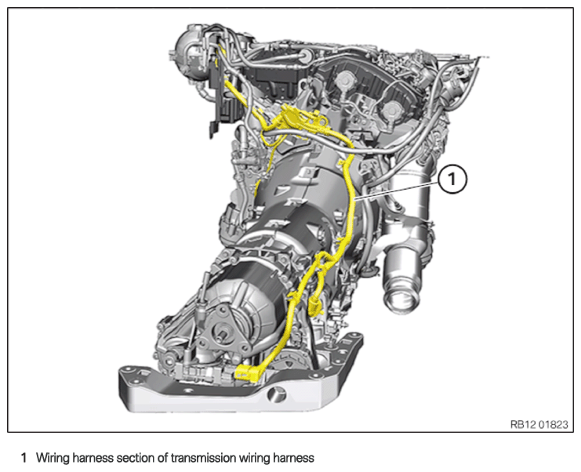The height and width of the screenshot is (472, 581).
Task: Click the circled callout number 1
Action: coord(452,180)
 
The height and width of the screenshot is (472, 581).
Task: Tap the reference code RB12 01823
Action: coord(539,424)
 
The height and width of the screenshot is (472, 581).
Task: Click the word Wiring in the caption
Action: coord(53,458)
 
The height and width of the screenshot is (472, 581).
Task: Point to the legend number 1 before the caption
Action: coord(24,458)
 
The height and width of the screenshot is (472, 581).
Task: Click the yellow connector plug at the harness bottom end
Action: coord(246,372)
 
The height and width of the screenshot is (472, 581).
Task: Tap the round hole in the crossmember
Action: coord(277,394)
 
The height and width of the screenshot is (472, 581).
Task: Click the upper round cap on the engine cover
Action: coord(343,78)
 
